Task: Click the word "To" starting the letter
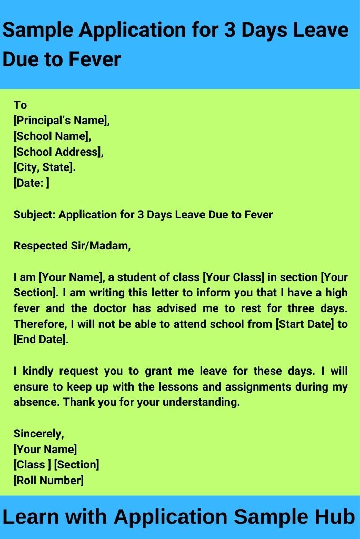[x=20, y=105]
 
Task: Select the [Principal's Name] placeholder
[x=62, y=121]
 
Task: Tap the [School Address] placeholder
[x=58, y=152]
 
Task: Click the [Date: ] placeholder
[x=32, y=184]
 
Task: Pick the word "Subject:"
[x=34, y=215]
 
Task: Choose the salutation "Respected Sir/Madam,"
[x=72, y=246]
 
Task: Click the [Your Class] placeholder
[x=232, y=277]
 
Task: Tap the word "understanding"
[x=197, y=403]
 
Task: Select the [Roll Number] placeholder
[x=48, y=481]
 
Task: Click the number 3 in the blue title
[x=229, y=31]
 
